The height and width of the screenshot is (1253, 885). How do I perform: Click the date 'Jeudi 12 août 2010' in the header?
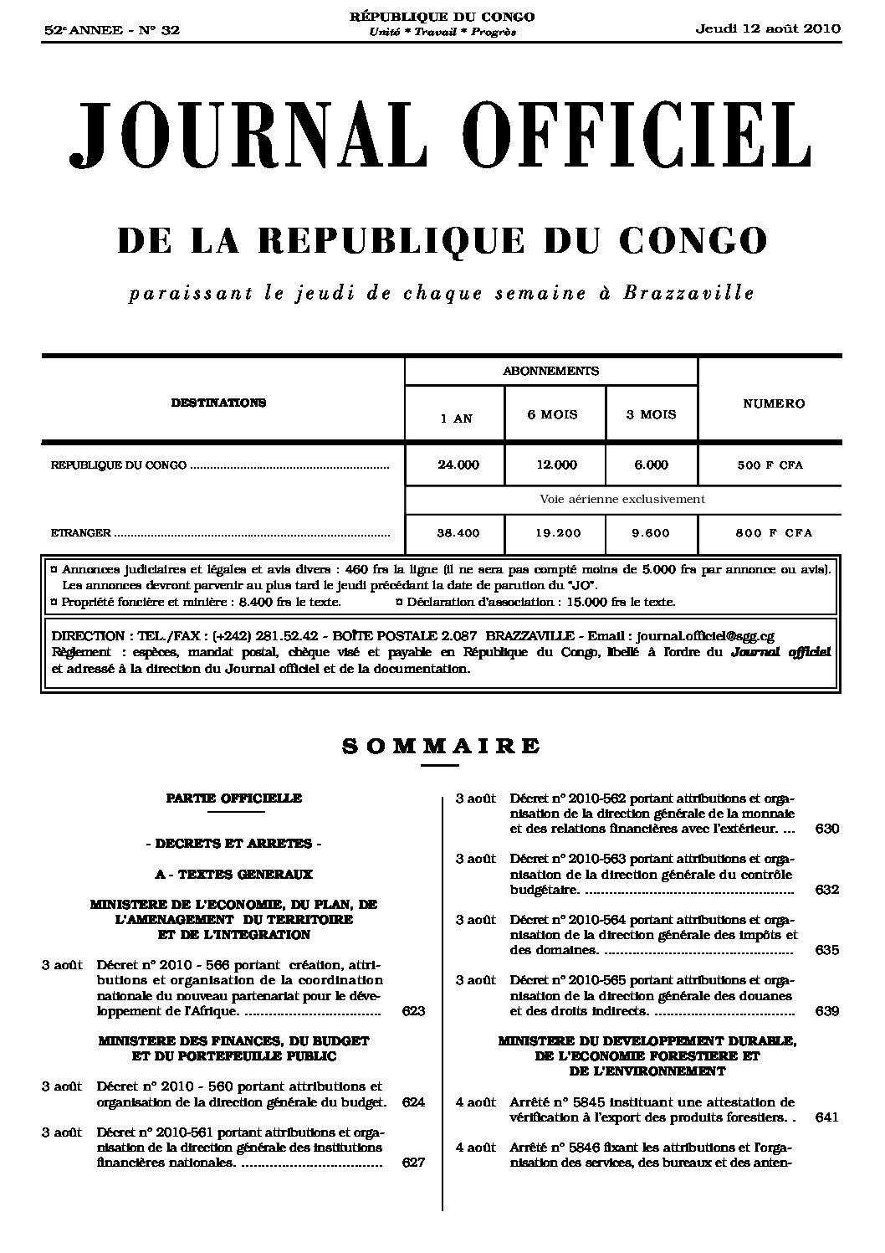pos(768,28)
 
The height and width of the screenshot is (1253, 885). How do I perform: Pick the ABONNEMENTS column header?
pos(550,370)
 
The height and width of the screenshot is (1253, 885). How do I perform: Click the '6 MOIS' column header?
pos(552,414)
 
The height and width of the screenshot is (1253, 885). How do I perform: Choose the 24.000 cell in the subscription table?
pos(458,465)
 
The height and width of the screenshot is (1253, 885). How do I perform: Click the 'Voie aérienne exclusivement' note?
pos(622,499)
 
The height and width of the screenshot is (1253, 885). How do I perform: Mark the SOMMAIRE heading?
pos(442,746)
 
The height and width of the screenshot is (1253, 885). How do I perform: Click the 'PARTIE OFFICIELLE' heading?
pos(233,798)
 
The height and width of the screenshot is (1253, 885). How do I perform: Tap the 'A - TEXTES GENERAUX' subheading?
pos(233,874)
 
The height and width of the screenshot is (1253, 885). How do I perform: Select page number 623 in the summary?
pos(413,1011)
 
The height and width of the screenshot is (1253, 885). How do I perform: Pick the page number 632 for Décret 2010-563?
pos(826,890)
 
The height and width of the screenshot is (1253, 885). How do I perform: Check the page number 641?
pos(826,1117)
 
